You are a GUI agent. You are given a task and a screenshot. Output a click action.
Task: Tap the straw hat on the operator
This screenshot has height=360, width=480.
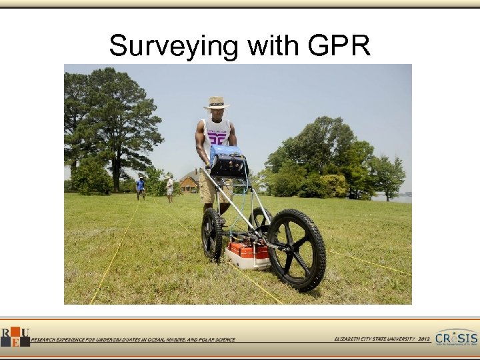point(216,103)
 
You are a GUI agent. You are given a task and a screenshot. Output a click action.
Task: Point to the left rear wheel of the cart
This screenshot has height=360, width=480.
point(212,233)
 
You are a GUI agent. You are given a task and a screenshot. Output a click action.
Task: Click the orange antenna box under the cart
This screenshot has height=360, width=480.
point(248,251)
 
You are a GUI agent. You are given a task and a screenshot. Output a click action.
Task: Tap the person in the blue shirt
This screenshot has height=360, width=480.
point(140,187)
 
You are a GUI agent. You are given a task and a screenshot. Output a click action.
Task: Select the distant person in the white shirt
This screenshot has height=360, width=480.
point(170,187)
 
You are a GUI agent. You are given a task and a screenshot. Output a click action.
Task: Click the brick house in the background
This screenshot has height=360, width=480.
point(189,183)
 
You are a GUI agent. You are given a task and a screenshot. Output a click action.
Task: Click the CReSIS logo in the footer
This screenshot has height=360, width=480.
point(456,338)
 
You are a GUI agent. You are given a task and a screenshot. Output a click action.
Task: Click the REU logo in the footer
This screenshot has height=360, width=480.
point(14,337)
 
